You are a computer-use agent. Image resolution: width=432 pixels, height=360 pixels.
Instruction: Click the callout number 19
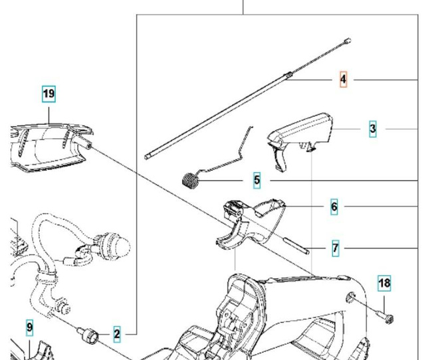pos(49,94)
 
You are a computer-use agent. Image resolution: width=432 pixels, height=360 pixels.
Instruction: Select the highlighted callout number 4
pos(343,80)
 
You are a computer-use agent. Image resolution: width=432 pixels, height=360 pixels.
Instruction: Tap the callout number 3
pos(373,129)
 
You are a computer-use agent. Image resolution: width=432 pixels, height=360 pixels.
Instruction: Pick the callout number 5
pos(257,180)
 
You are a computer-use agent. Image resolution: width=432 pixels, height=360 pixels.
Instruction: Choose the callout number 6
pos(334,207)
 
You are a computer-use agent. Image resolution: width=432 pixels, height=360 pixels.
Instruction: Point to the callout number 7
pos(336,248)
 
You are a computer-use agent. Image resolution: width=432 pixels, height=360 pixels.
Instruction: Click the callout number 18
pos(384,284)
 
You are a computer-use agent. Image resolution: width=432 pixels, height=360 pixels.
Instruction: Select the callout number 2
pos(117,334)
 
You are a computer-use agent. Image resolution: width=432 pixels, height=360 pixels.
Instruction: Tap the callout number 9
pos(30,327)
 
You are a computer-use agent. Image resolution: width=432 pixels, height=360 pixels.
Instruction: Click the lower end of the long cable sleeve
pos(148,157)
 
